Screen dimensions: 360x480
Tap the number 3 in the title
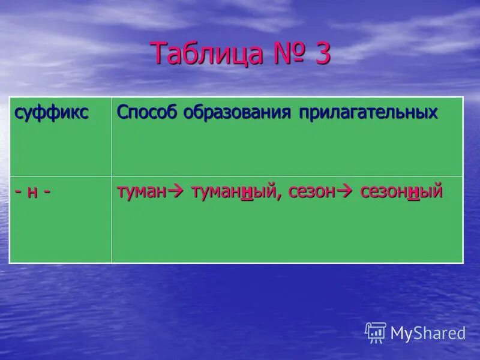(x=320, y=54)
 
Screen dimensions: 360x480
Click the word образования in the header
(x=238, y=113)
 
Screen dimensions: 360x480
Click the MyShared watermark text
(x=428, y=334)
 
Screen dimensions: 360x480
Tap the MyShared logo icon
(x=376, y=332)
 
